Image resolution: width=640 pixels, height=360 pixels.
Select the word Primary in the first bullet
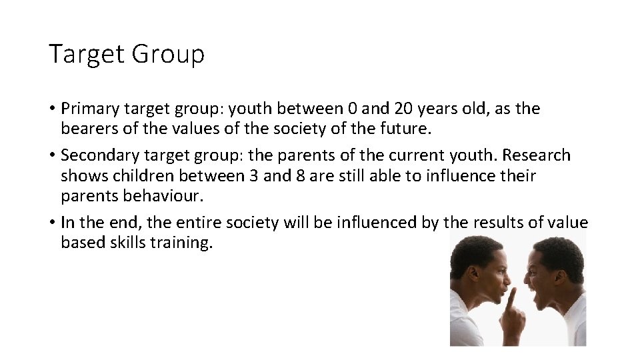click(x=89, y=108)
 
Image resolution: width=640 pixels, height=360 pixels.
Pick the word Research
click(x=537, y=155)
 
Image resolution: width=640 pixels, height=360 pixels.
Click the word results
click(x=499, y=223)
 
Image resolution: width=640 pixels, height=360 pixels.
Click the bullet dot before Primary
click(x=52, y=109)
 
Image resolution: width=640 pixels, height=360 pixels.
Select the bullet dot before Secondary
click(x=52, y=156)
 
